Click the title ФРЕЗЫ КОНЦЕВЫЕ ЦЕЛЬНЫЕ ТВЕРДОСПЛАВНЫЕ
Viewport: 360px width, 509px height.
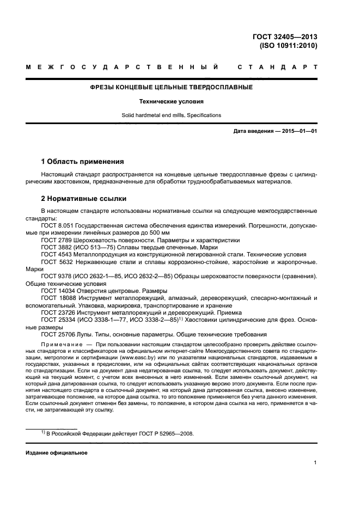(x=171, y=87)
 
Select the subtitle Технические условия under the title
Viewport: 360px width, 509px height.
(x=171, y=101)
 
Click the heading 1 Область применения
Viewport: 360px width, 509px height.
(x=82, y=162)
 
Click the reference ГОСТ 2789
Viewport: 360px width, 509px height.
(x=55, y=240)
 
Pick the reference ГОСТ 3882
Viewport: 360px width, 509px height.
(x=55, y=247)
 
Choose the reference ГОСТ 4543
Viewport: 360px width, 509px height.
(x=55, y=254)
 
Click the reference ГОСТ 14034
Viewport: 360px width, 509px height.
(x=57, y=291)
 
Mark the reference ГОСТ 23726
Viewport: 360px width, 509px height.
(x=57, y=312)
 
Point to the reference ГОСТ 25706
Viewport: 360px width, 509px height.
(x=57, y=334)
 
